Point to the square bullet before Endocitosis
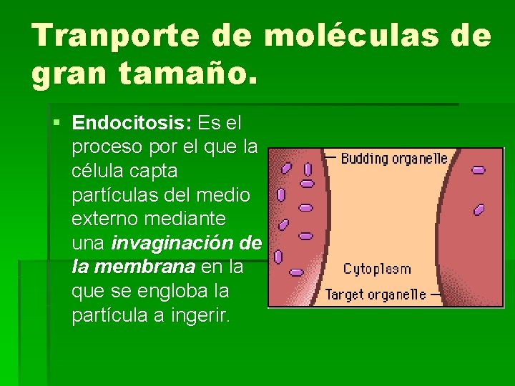57,123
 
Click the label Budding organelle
394,159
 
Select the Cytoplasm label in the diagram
377,269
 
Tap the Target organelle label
376,294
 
